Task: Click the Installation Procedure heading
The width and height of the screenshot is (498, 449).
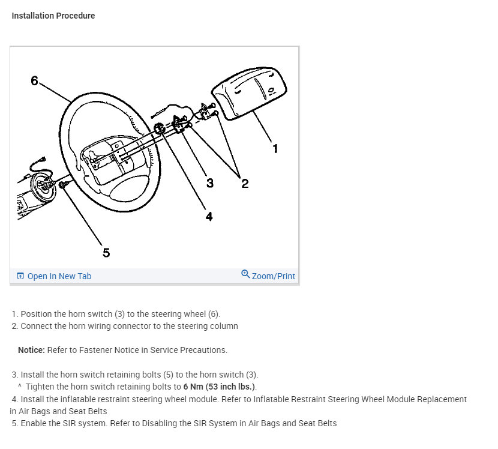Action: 53,16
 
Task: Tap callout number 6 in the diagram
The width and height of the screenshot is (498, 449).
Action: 35,80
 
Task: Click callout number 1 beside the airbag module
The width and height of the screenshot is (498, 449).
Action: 275,148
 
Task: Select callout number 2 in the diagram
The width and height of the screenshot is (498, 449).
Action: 245,184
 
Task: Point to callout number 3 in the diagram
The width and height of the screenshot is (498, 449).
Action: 209,183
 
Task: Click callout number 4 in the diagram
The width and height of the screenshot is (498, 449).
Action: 209,217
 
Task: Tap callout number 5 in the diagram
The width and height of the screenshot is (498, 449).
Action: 106,253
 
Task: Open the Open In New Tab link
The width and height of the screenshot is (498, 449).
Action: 59,276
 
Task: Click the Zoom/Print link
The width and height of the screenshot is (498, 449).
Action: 274,276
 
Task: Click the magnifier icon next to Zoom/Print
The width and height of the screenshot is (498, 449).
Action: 245,274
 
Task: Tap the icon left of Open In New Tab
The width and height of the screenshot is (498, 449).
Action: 20,276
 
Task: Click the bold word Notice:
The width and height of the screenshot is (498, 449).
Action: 31,350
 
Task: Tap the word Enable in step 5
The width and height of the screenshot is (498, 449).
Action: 34,423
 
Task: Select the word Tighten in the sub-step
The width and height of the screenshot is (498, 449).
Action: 43,386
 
